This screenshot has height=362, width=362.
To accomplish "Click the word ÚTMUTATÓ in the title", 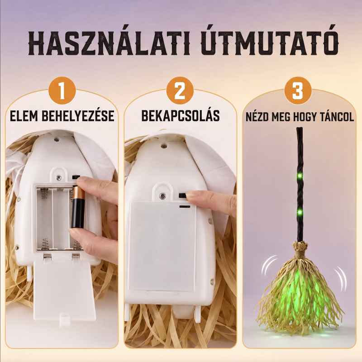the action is (x=269, y=43).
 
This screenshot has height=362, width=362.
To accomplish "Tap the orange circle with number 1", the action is (x=62, y=91).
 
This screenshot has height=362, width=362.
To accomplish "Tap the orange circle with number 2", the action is (x=180, y=91).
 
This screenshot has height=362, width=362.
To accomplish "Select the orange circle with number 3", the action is (x=298, y=91).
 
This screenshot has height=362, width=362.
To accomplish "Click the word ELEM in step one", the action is (x=24, y=116).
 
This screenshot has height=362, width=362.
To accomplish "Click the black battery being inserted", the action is (x=78, y=207).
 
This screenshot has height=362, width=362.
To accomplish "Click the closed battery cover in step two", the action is (x=162, y=246).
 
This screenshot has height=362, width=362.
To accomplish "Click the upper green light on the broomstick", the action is (x=300, y=176).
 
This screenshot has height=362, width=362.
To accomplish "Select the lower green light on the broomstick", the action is (x=300, y=211).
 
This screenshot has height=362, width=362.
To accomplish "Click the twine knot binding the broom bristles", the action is (x=300, y=249).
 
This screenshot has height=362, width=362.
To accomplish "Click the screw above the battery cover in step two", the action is (x=163, y=196).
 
